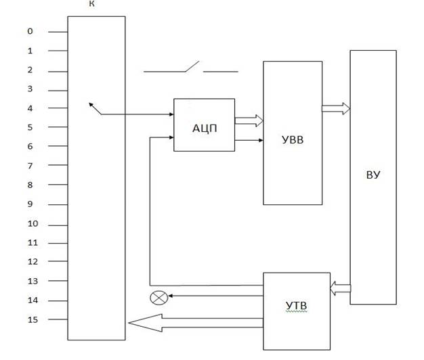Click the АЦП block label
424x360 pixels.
point(205,129)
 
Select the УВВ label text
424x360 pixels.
point(293,140)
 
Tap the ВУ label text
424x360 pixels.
point(373,175)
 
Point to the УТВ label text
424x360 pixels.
point(297,306)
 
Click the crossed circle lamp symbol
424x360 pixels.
point(158,298)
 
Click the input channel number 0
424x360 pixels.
point(30,31)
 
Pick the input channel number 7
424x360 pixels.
point(30,166)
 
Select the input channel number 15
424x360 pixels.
point(33,320)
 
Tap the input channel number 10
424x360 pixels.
point(33,223)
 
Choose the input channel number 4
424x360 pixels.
point(30,108)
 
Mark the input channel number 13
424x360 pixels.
point(33,282)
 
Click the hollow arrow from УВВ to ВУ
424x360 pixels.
point(336,108)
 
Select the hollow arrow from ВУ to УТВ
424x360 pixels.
point(341,288)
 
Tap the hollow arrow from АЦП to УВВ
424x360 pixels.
point(249,120)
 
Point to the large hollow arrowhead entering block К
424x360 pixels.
point(145,323)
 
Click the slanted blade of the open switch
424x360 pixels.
point(192,66)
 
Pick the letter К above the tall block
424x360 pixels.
point(91,4)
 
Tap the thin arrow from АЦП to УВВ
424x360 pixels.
point(249,140)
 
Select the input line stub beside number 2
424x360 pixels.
point(58,72)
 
